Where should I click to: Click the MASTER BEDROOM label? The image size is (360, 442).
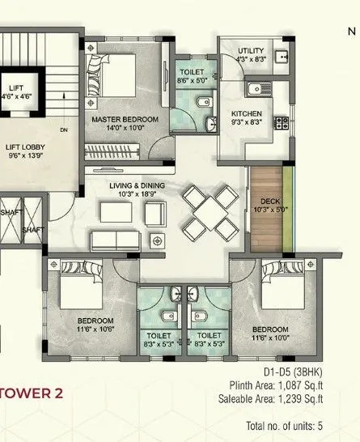click(125, 119)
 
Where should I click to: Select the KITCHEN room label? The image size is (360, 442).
click(247, 113)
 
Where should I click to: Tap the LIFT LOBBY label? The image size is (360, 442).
click(25, 147)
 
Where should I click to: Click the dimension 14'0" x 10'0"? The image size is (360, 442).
click(125, 128)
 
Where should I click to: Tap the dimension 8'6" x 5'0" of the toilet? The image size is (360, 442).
click(193, 81)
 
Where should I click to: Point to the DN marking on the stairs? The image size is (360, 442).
click(63, 130)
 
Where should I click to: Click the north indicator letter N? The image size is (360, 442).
click(352, 33)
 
